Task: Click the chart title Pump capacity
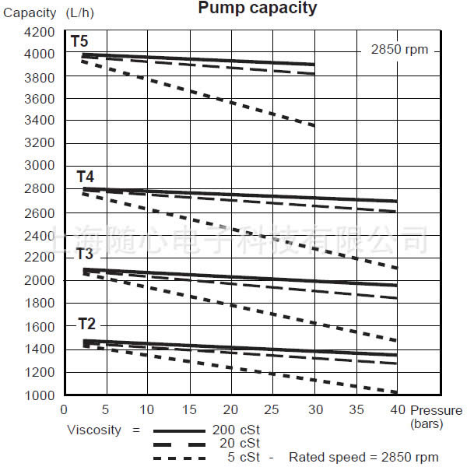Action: pos(258,9)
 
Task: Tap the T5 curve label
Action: pos(79,40)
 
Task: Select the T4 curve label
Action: pos(85,177)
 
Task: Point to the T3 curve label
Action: pos(85,255)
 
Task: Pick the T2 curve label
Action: pos(86,324)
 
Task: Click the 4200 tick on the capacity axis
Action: pos(40,33)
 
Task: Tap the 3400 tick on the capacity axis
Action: pos(40,121)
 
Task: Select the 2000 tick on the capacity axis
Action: pos(40,280)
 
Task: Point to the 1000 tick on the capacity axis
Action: pos(40,395)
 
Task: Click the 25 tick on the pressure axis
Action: pos(272,409)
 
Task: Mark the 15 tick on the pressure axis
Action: pos(188,409)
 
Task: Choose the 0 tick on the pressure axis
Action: pos(64,409)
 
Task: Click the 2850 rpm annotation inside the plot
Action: pos(399,49)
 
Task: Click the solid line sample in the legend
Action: pos(179,430)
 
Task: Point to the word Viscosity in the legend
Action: pos(93,430)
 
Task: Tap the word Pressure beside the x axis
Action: pos(437,410)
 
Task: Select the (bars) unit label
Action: pos(427,423)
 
